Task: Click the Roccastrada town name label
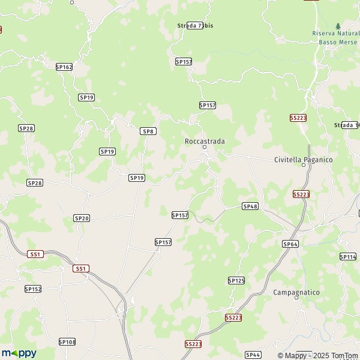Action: [204, 142]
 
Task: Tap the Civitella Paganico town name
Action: [303, 160]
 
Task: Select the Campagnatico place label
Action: [296, 292]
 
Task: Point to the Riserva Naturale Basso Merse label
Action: [335, 38]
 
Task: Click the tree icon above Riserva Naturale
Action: [338, 26]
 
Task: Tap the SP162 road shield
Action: [64, 67]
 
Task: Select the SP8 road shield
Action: [148, 131]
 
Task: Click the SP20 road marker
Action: [82, 218]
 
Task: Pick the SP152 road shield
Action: [33, 289]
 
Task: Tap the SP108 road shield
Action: [67, 341]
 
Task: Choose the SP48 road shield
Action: [250, 206]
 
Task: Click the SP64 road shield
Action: [290, 244]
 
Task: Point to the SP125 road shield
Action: [236, 280]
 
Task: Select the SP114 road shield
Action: [348, 257]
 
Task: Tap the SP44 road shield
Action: [253, 355]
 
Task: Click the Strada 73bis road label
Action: [195, 25]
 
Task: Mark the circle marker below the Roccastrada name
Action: [204, 147]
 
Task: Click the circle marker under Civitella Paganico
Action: [303, 166]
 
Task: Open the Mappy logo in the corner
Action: [19, 353]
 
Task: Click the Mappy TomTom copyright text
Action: [317, 355]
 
